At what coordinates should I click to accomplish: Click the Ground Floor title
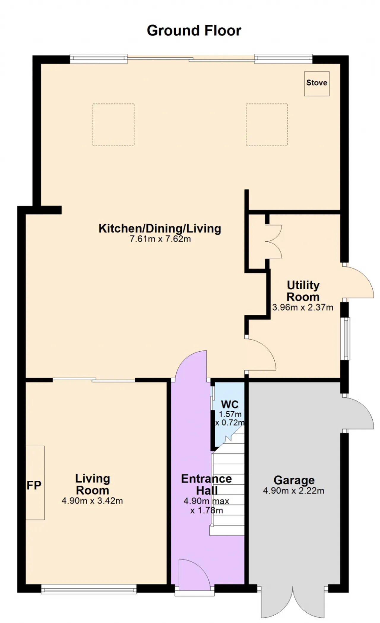194,31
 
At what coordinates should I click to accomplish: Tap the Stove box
317,84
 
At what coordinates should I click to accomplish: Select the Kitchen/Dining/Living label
160,228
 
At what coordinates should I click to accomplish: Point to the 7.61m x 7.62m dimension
160,239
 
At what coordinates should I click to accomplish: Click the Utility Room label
303,291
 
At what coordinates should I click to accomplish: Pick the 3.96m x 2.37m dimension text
303,307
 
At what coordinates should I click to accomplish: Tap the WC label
230,404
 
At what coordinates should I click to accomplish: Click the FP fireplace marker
34,485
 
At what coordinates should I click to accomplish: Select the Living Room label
93,484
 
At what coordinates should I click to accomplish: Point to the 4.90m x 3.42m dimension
92,501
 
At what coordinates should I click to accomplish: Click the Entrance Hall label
207,484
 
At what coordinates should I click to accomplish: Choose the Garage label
294,480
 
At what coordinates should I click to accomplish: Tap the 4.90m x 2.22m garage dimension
294,491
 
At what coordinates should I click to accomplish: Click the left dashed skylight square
113,124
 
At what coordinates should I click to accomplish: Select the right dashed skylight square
267,124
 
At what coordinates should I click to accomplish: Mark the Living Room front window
89,589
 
